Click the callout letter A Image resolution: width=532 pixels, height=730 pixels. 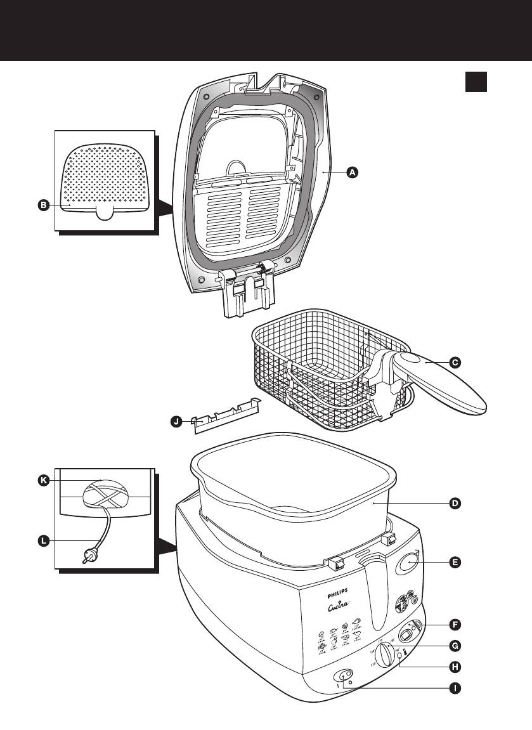pos(353,172)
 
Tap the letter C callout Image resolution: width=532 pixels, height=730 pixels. pos(454,363)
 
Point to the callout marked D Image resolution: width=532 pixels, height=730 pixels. pos(454,504)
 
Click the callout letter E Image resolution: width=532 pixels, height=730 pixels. pos(454,562)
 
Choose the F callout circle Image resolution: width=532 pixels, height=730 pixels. pos(454,625)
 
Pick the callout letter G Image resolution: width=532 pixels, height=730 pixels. pos(454,646)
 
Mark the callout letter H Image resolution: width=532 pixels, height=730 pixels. pos(454,667)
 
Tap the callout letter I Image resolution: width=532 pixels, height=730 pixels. pos(454,688)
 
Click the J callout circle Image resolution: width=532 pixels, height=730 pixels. pos(176,420)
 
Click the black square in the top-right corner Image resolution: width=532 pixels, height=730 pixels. pos(476,82)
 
